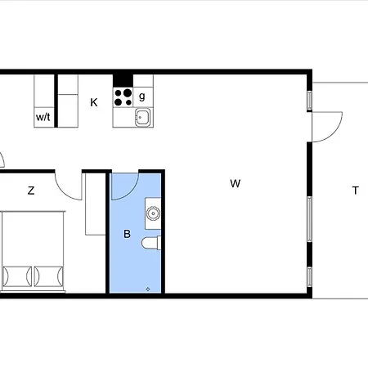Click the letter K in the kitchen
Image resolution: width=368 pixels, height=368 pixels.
pyautogui.click(x=94, y=102)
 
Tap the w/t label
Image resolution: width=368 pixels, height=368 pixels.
pyautogui.click(x=43, y=117)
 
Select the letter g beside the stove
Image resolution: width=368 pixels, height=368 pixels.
pyautogui.click(x=142, y=96)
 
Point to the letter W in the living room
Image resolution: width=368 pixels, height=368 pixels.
pyautogui.click(x=236, y=183)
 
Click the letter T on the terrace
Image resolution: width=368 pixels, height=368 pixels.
pyautogui.click(x=355, y=191)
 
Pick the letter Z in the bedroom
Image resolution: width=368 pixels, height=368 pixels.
pyautogui.click(x=31, y=191)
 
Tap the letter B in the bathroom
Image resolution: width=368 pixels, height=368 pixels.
pyautogui.click(x=127, y=234)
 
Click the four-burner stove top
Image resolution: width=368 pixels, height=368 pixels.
pyautogui.click(x=123, y=97)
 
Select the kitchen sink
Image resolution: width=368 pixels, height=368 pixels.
pyautogui.click(x=143, y=118)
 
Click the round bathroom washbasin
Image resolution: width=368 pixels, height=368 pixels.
pyautogui.click(x=153, y=213)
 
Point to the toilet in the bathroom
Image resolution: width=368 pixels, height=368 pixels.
pyautogui.click(x=151, y=243)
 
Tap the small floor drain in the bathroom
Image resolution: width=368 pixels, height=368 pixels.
pyautogui.click(x=148, y=289)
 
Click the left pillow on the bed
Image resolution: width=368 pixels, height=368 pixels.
pyautogui.click(x=17, y=276)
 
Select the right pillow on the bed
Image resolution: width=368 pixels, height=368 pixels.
pyautogui.click(x=49, y=276)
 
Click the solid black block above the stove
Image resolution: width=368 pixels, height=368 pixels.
pyautogui.click(x=123, y=81)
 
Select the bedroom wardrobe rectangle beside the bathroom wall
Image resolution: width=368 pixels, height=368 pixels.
pyautogui.click(x=96, y=204)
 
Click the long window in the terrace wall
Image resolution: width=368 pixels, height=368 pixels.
pyautogui.click(x=310, y=219)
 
